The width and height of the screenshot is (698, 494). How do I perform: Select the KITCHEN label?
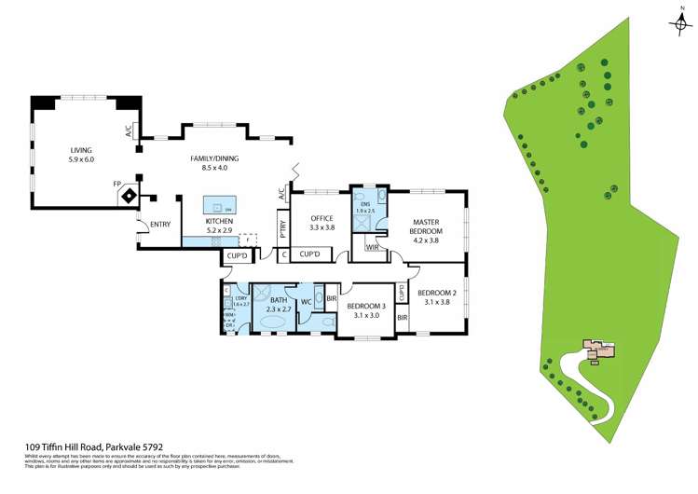point(219,220)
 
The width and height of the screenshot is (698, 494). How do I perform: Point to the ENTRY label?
point(159,224)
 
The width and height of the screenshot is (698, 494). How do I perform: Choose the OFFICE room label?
point(322,218)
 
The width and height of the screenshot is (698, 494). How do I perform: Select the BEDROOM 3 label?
point(366,306)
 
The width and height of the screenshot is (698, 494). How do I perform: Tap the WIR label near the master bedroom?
point(372,247)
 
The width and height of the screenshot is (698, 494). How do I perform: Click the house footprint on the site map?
point(598,350)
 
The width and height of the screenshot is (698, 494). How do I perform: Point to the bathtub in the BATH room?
point(273,322)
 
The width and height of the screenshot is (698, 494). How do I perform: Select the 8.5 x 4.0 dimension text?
point(209,168)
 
